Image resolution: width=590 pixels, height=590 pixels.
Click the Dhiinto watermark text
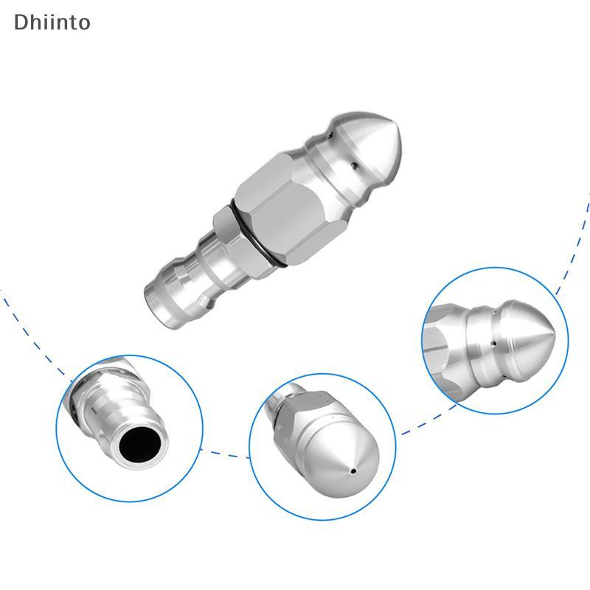point(52,22)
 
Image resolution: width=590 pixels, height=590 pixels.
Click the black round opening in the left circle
point(142,448)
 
